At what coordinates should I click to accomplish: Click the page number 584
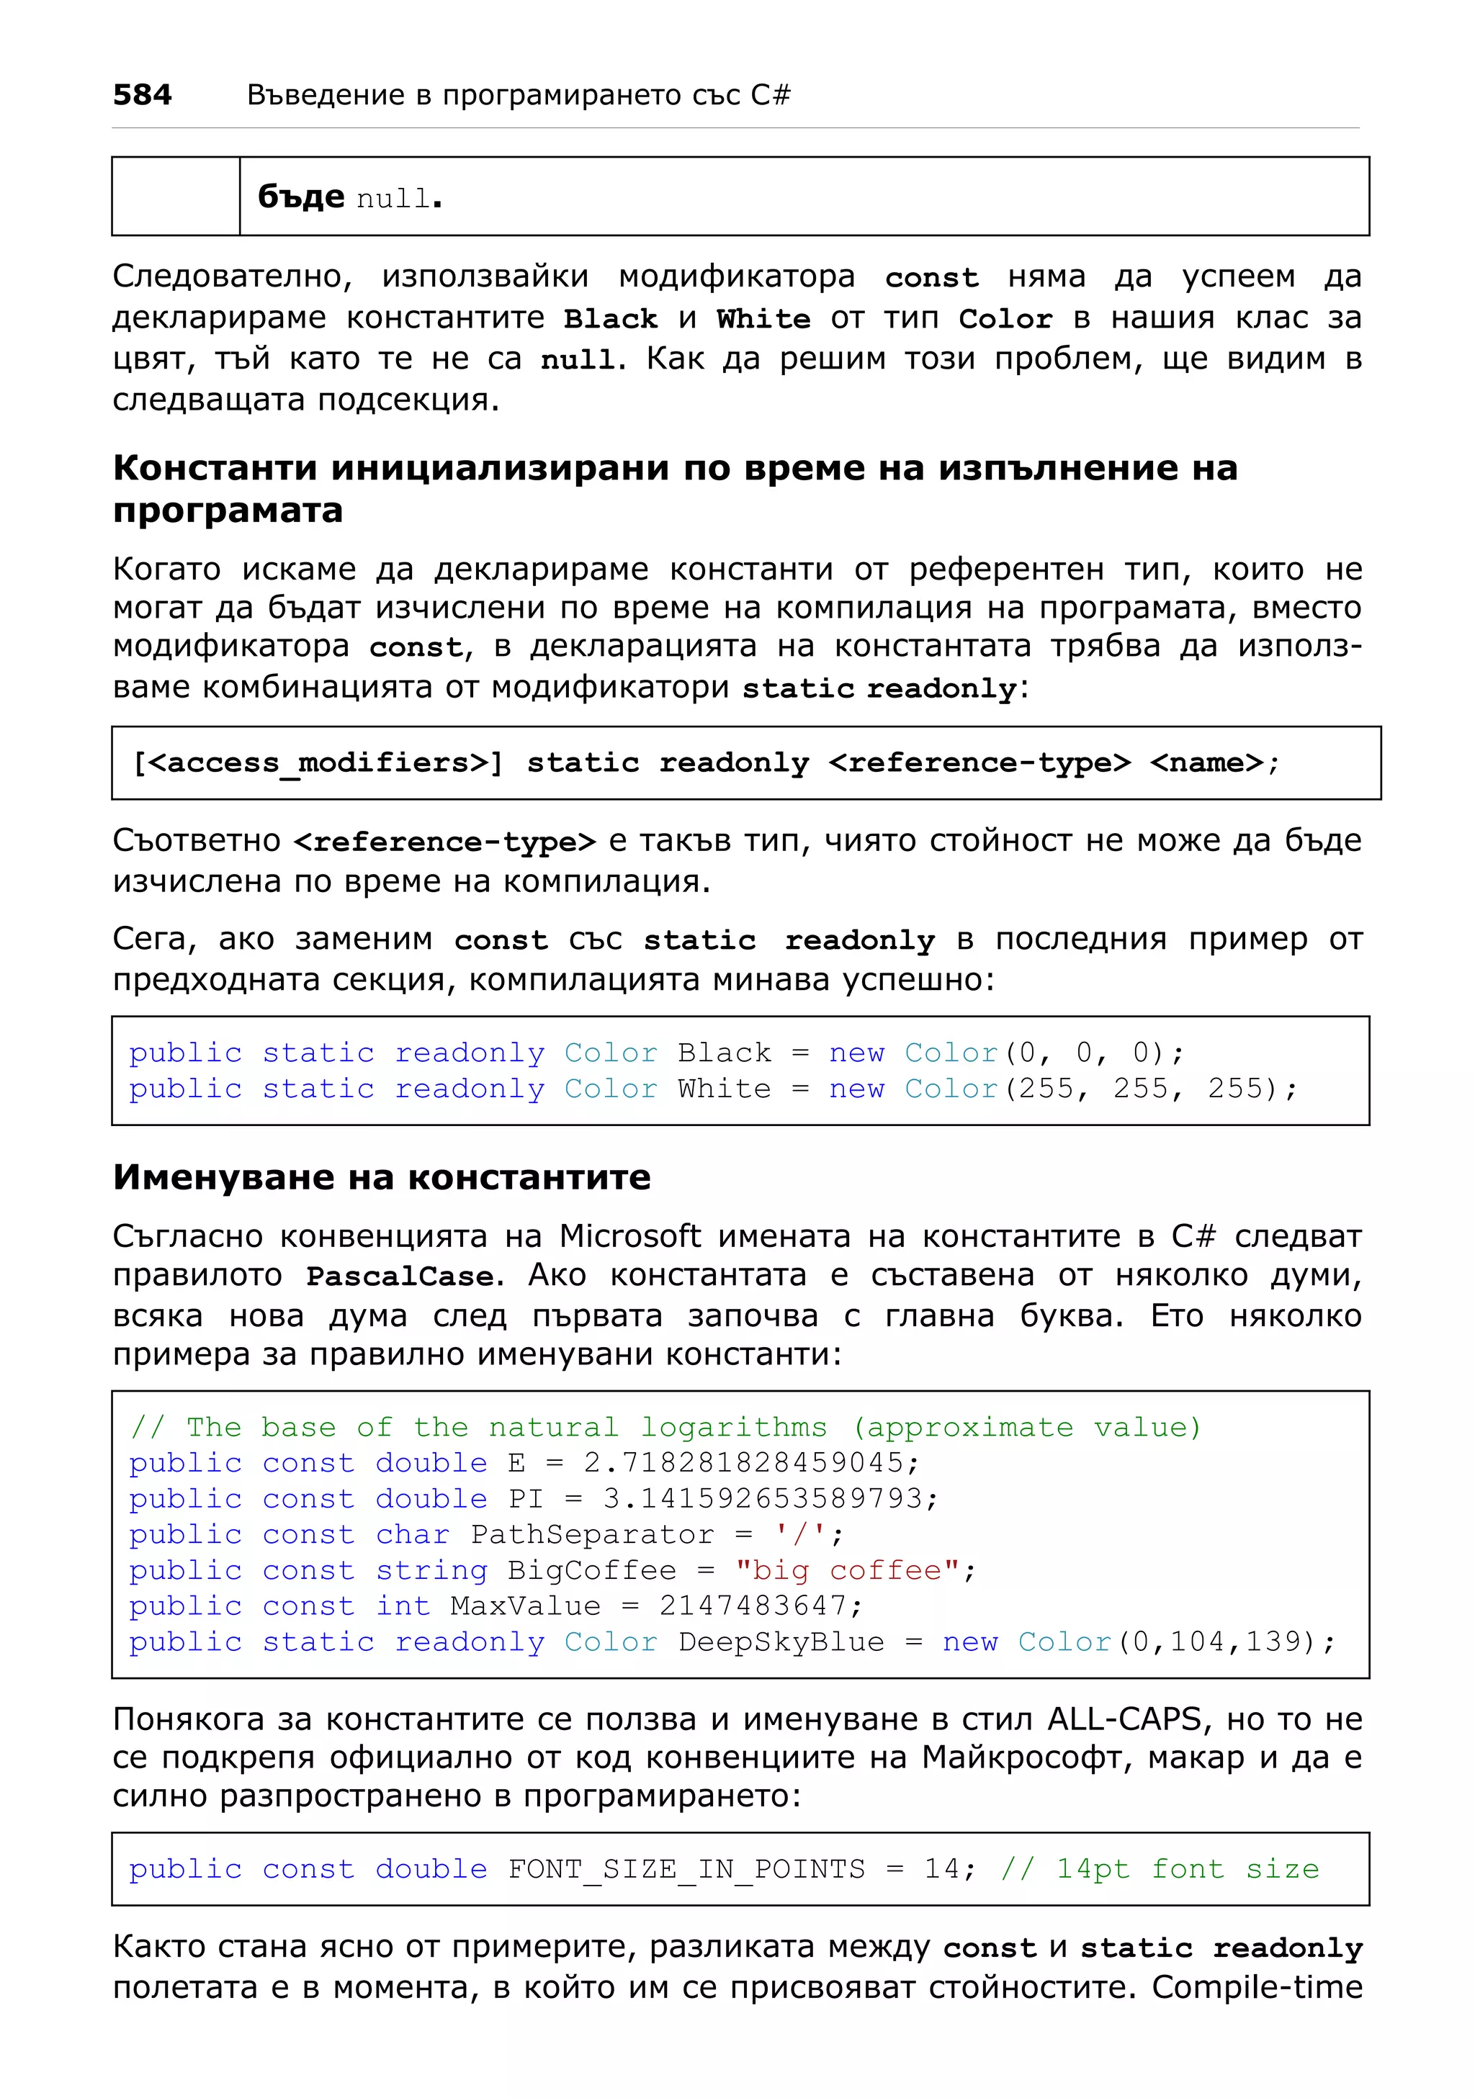tap(142, 95)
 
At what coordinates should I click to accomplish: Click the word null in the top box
tap(393, 198)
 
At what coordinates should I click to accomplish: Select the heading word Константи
tap(215, 468)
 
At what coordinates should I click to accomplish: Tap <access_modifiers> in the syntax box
tap(316, 763)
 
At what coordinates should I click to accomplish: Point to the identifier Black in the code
tap(724, 1053)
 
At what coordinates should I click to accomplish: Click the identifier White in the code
tap(724, 1089)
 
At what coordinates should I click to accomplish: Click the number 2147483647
tap(752, 1606)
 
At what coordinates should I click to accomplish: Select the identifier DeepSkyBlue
tap(781, 1642)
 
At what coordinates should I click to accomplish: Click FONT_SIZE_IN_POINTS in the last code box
tap(686, 1870)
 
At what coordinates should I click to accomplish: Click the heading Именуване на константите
tap(381, 1177)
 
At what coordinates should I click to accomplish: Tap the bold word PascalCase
tap(400, 1277)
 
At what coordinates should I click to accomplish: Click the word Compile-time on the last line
tap(1257, 1987)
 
